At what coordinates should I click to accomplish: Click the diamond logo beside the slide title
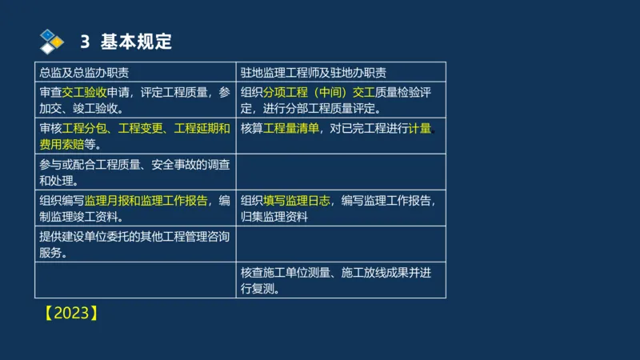[52, 40]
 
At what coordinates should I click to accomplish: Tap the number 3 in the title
[85, 41]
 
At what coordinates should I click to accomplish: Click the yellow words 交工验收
[85, 92]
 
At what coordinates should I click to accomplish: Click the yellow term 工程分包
[85, 128]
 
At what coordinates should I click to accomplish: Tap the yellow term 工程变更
[140, 128]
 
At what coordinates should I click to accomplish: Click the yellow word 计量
[420, 128]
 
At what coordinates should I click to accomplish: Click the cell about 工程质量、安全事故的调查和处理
[135, 172]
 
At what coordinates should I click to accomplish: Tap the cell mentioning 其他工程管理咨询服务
[135, 244]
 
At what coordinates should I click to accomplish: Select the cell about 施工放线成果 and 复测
[340, 280]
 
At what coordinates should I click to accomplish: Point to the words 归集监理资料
[274, 217]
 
